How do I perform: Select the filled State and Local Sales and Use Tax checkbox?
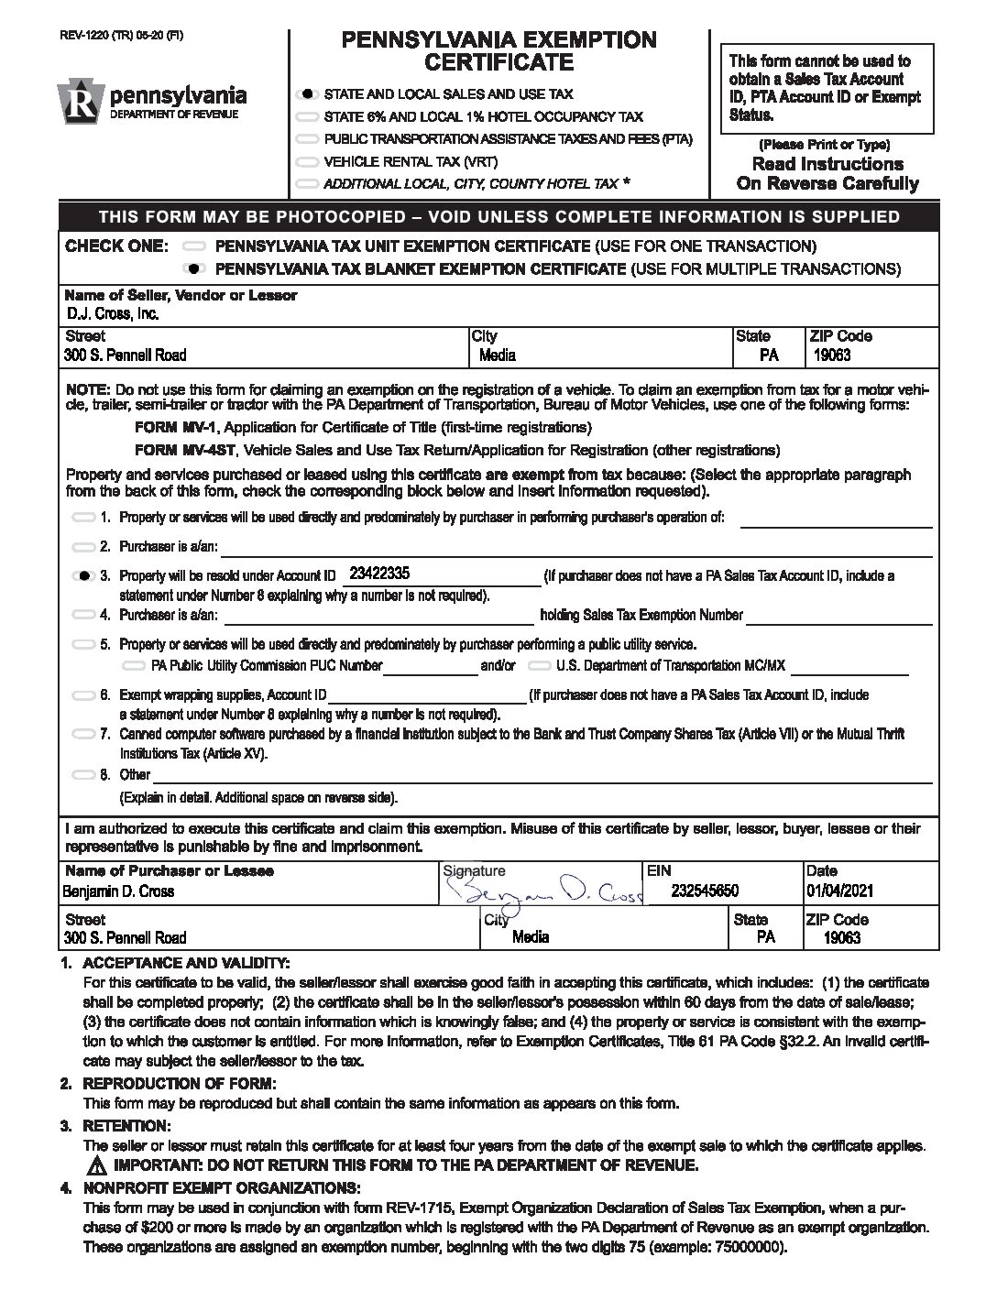click(x=307, y=94)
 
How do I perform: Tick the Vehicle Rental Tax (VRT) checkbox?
click(x=307, y=162)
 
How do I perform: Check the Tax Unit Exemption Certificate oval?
click(x=193, y=247)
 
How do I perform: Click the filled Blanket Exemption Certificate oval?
click(x=193, y=269)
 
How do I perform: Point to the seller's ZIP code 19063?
click(x=832, y=355)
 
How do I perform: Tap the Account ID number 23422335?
click(x=378, y=574)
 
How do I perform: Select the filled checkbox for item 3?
click(x=83, y=576)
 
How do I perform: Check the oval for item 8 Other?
click(x=83, y=775)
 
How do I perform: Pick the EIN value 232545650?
click(x=705, y=891)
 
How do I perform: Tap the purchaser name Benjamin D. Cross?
click(x=119, y=891)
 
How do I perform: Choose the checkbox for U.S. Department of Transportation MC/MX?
click(x=541, y=666)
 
